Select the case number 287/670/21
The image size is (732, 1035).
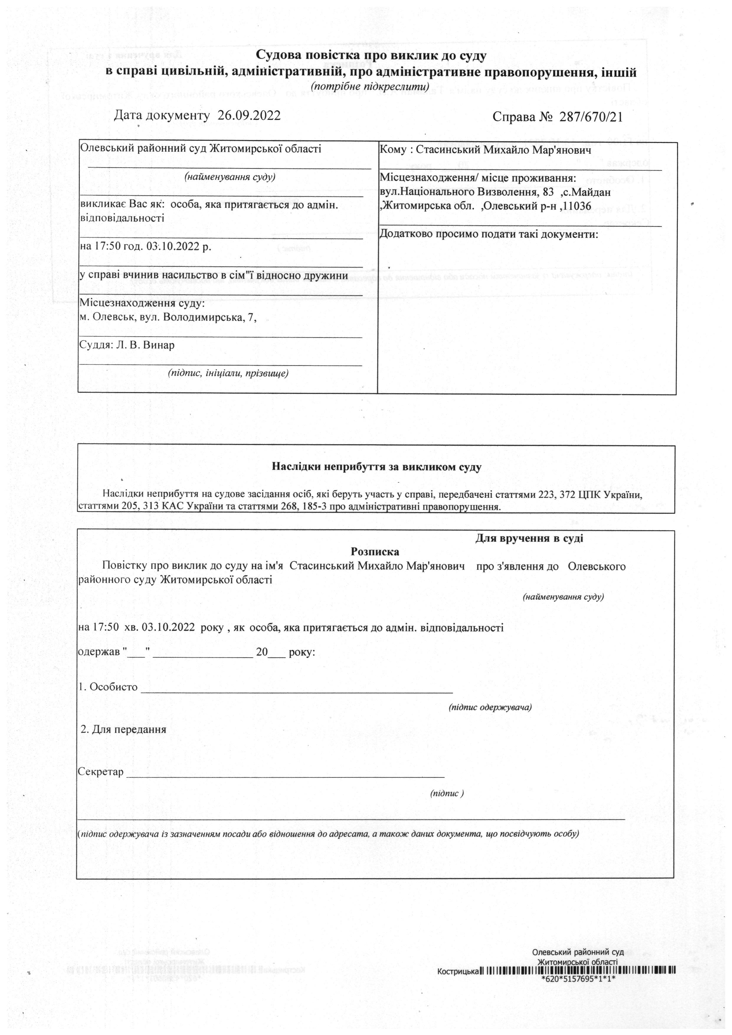click(591, 117)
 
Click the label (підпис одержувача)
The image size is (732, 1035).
click(490, 707)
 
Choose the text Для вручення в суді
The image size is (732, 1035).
click(529, 538)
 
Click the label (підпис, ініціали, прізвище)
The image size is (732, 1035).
click(228, 373)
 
